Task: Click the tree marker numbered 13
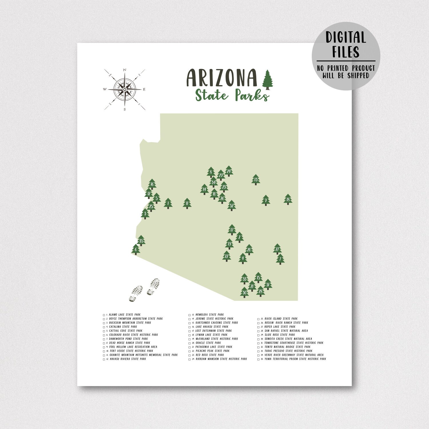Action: pos(256,180)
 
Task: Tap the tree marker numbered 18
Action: pos(288,199)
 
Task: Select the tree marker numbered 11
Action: pos(187,203)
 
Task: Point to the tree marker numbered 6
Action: pos(136,249)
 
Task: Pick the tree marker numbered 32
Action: pos(232,205)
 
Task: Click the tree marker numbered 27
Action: pos(277,249)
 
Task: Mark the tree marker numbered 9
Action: pos(266,200)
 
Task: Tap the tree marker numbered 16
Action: pos(152,184)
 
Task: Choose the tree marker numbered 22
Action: pos(227,256)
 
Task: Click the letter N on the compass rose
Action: pos(124,70)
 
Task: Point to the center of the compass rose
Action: pos(125,90)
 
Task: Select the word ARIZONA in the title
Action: pos(222,78)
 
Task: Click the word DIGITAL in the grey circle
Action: pos(346,37)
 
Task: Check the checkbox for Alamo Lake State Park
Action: pos(104,315)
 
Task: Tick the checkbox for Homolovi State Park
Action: pos(189,315)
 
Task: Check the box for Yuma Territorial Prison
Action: pos(259,359)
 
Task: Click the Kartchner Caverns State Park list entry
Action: pos(217,323)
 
